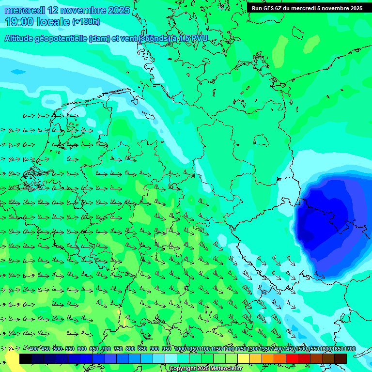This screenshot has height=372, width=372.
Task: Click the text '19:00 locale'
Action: [38, 21]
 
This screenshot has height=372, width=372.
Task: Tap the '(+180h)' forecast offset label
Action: [86, 21]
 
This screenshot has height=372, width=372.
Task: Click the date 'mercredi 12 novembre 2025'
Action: [67, 10]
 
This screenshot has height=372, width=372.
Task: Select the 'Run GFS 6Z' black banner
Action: [307, 8]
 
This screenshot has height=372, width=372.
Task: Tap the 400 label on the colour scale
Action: [33, 349]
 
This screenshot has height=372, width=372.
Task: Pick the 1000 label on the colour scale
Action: [180, 349]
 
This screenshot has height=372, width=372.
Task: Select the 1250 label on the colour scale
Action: [241, 349]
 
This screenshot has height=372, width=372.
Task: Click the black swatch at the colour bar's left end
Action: [26, 359]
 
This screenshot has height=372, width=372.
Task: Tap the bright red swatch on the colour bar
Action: [292, 359]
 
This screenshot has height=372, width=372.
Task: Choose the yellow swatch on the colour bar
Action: [244, 359]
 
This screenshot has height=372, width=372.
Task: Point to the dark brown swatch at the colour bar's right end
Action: [341, 359]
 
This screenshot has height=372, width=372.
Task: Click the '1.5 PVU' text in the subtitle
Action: [193, 39]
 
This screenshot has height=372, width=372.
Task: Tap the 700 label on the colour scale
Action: [106, 349]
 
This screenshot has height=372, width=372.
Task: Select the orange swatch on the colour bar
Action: [268, 359]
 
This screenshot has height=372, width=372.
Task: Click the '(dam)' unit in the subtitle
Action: [99, 39]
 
